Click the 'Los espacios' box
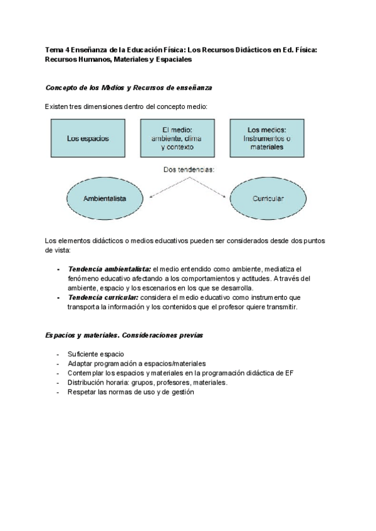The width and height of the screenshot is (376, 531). [87, 138]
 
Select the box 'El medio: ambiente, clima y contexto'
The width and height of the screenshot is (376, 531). [177, 138]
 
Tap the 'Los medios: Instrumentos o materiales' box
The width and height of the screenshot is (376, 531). [265, 138]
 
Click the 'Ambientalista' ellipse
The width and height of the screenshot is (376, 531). [105, 198]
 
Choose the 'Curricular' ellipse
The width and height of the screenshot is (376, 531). [268, 198]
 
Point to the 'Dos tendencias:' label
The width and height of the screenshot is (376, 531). [189, 169]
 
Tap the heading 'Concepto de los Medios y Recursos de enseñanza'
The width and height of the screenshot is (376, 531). [132, 87]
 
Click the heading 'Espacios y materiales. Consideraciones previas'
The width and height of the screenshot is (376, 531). [123, 335]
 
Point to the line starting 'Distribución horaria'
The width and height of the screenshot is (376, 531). [147, 382]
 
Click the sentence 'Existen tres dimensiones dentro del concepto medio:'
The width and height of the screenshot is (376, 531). [126, 107]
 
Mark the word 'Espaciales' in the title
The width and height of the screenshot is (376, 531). [173, 59]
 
